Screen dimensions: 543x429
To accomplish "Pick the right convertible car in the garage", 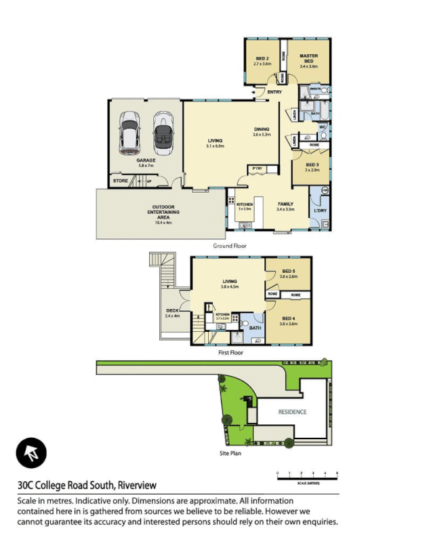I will pyautogui.click(x=163, y=133).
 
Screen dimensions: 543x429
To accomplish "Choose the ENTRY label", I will pyautogui.click(x=274, y=92).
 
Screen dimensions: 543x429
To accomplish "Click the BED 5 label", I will pyautogui.click(x=288, y=274).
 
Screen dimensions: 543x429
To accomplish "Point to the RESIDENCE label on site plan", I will pyautogui.click(x=293, y=412).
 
